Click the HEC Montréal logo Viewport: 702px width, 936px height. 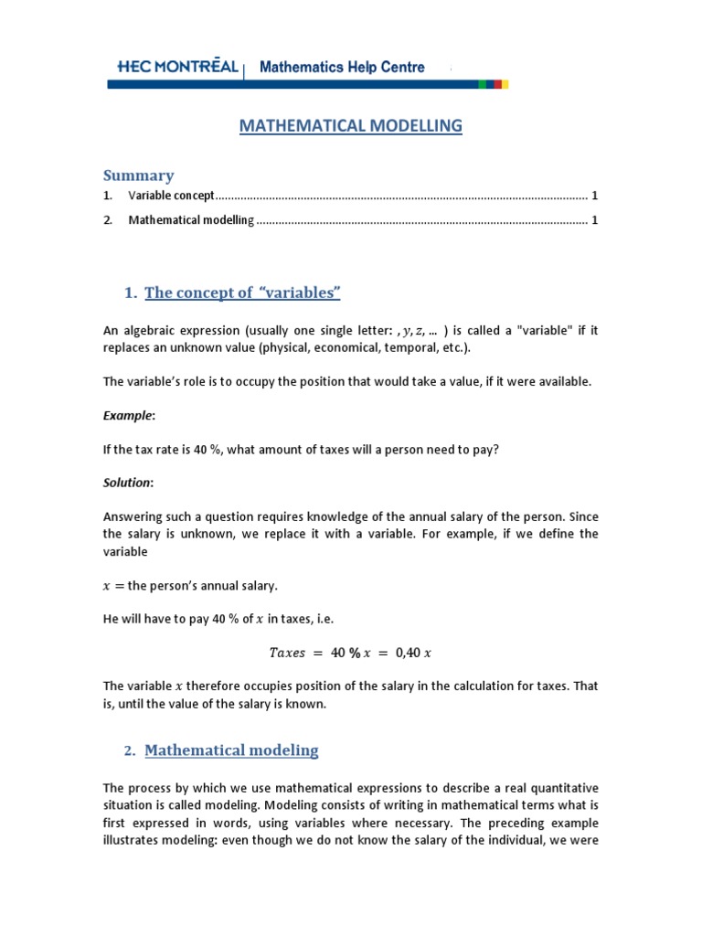[x=178, y=67]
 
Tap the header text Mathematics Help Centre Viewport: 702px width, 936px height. [x=343, y=67]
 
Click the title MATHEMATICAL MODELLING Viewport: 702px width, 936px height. [x=351, y=125]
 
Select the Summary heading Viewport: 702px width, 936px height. [x=138, y=175]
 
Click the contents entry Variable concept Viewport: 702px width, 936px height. [x=171, y=196]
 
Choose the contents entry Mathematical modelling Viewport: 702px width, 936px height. [x=191, y=220]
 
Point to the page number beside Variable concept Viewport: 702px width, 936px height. [x=594, y=196]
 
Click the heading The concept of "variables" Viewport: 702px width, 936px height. [x=242, y=292]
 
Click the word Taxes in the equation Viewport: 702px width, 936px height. [x=287, y=653]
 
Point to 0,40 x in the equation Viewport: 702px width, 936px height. [x=413, y=653]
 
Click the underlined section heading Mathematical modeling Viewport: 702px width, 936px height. [x=231, y=750]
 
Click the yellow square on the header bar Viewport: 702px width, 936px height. [x=505, y=84]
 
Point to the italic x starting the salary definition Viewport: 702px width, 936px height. [x=108, y=586]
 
